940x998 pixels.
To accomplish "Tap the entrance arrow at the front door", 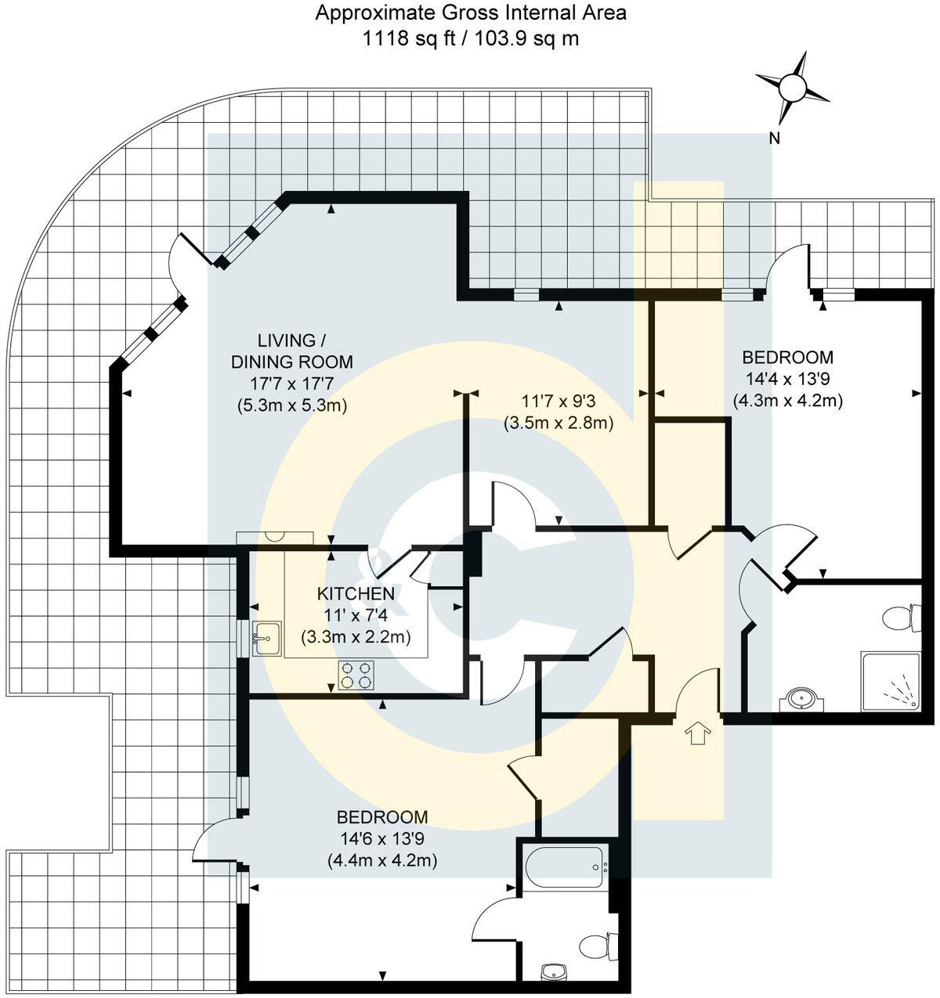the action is coord(697,733).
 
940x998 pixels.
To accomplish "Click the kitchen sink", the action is coord(266,637).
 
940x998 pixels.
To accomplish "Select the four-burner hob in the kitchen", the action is coord(357,675).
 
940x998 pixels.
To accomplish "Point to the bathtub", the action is coord(565,866).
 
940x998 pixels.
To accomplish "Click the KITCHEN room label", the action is coord(356,593).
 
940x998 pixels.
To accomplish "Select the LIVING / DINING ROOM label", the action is coord(291,351).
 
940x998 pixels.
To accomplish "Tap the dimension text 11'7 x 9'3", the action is coord(558,402).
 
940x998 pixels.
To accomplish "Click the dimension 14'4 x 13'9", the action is coord(787,380).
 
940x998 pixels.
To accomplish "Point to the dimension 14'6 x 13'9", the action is coord(382,839).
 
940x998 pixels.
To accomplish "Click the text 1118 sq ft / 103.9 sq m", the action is coord(470,38).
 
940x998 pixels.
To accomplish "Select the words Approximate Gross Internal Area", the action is coord(470,13).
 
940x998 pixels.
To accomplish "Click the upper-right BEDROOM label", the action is coord(787,358).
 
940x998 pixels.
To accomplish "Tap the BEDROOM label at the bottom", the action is coord(382,817).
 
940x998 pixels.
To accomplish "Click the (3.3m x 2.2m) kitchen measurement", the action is coord(356,637).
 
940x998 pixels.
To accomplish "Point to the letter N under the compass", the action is coord(774,139).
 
